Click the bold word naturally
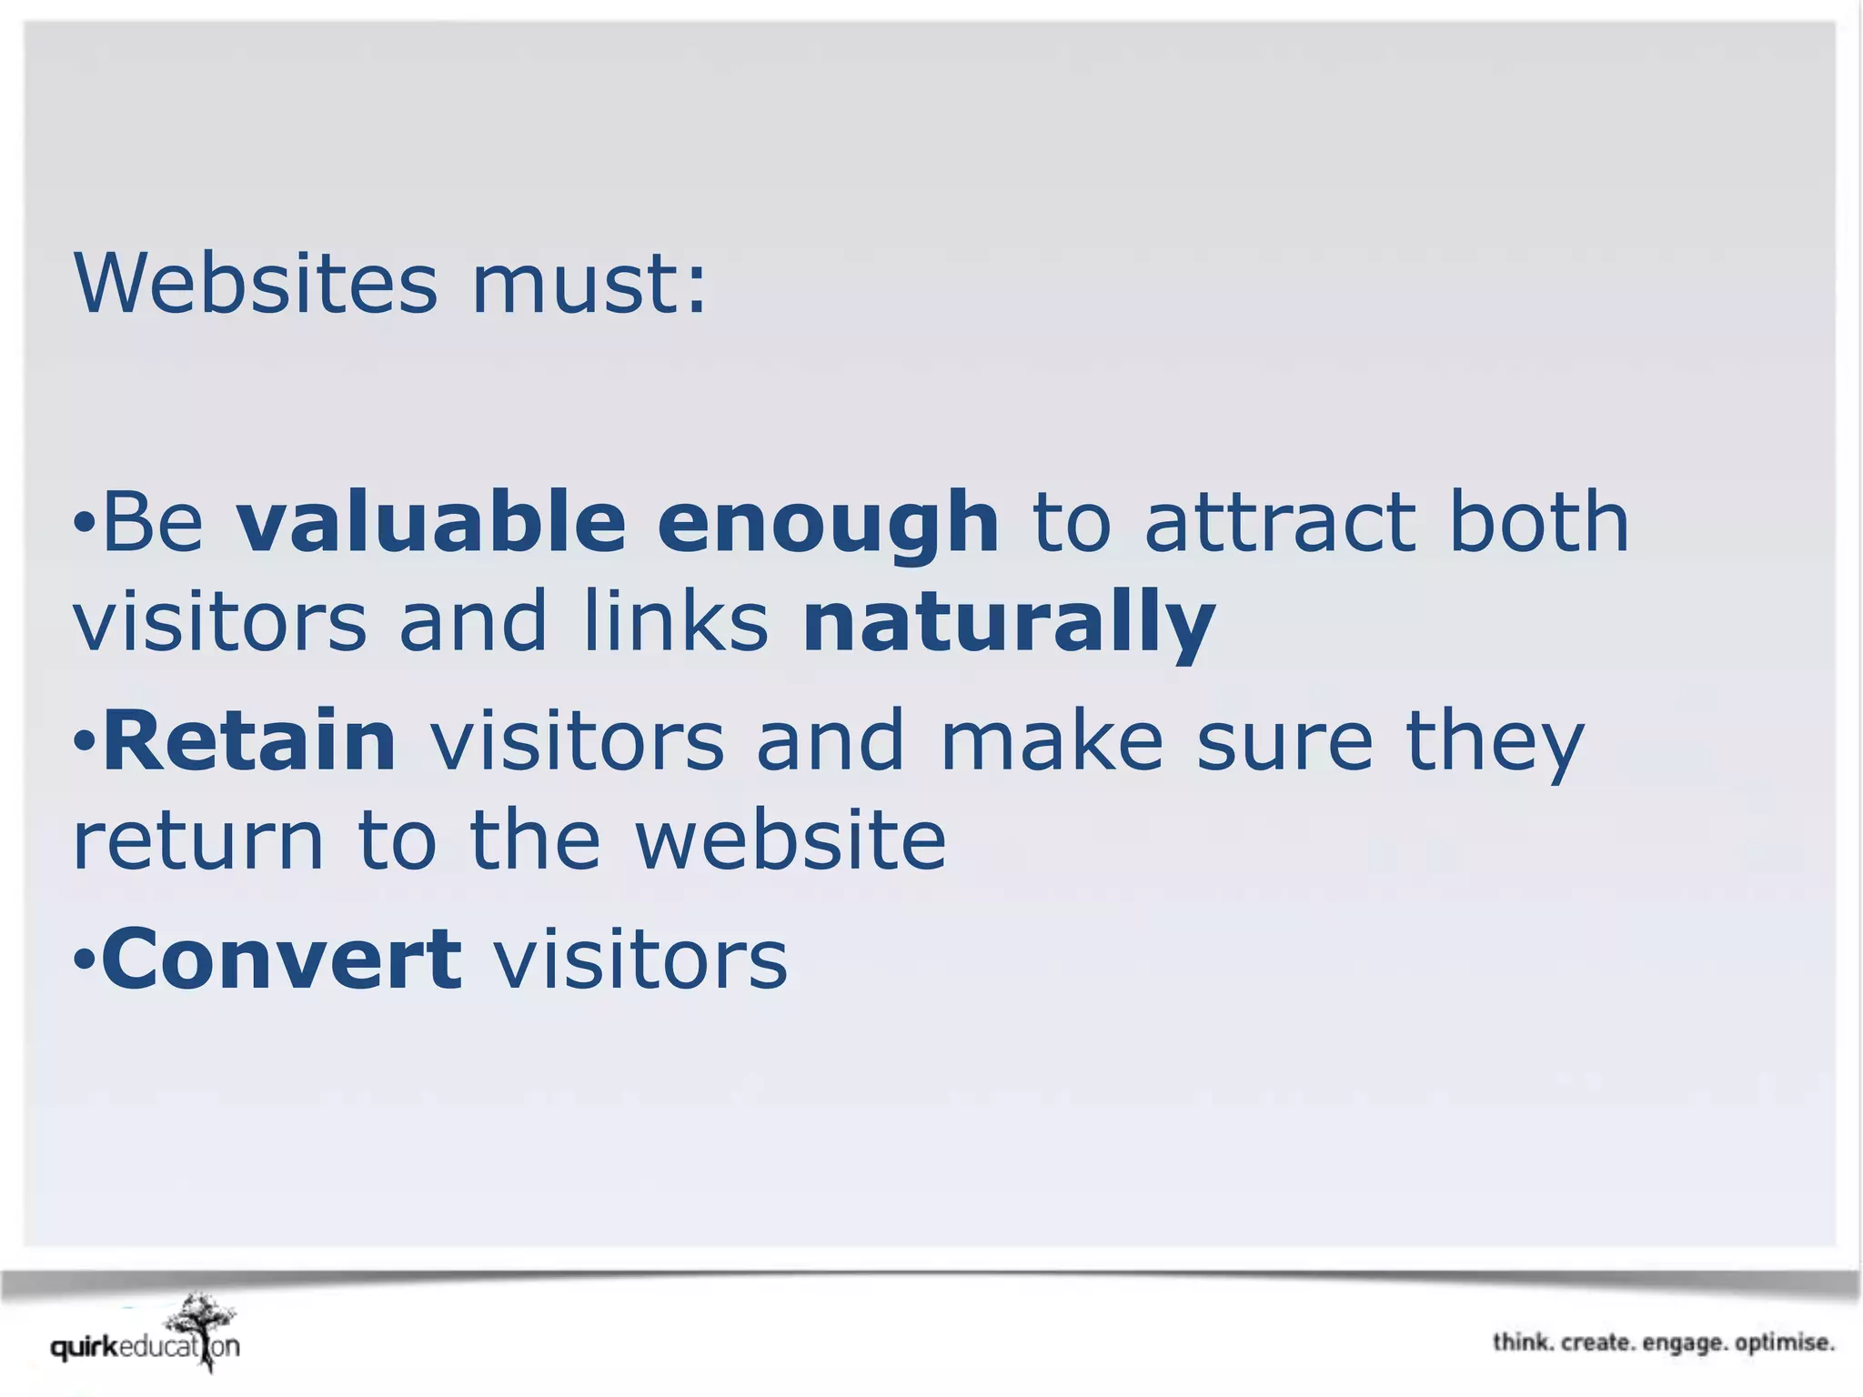[1009, 624]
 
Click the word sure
[1284, 742]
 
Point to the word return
[198, 840]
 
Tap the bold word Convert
[282, 959]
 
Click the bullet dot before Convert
[84, 959]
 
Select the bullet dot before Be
[84, 522]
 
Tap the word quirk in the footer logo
[85, 1348]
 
